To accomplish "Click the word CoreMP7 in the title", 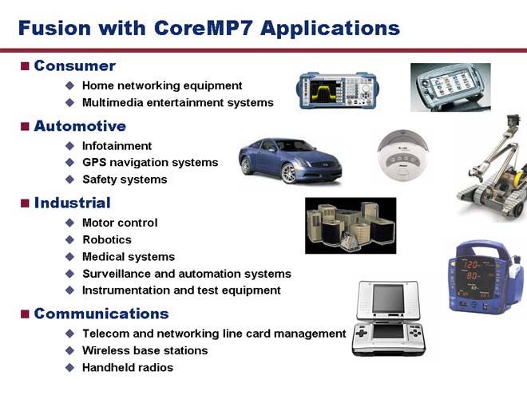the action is click(204, 28).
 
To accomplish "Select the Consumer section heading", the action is click(74, 65).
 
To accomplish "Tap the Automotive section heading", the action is click(80, 126).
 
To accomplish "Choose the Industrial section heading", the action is click(72, 203).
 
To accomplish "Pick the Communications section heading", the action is click(101, 314).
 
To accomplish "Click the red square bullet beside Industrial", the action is click(25, 203).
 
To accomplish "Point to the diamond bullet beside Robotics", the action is click(70, 239).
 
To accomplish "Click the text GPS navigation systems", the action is click(150, 163).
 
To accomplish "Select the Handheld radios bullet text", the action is click(128, 367).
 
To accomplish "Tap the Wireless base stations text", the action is click(145, 350).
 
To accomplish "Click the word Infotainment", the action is click(117, 146).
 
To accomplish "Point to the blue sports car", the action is click(291, 160).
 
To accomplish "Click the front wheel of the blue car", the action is click(288, 173).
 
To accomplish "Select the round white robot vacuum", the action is click(402, 155).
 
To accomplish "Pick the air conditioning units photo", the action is click(351, 225).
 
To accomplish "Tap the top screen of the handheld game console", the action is click(388, 298).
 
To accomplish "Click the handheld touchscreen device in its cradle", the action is click(450, 87).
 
